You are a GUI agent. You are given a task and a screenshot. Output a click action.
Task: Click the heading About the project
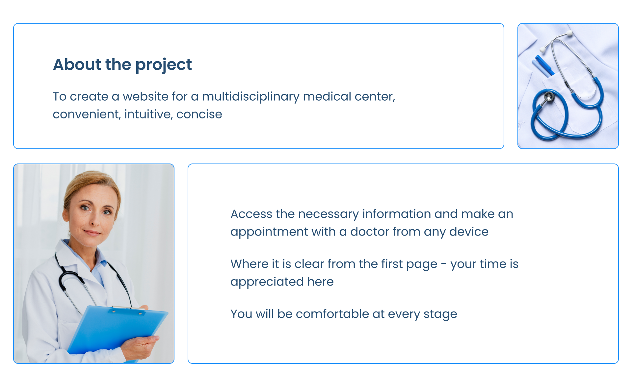[122, 65]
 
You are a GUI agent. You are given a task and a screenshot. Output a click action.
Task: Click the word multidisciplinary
[250, 97]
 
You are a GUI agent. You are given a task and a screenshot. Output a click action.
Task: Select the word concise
[199, 114]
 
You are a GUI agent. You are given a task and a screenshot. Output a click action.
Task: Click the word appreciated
[267, 282]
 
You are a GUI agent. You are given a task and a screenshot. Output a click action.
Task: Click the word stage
[440, 314]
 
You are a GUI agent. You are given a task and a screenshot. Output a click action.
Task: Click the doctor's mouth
[92, 233]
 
